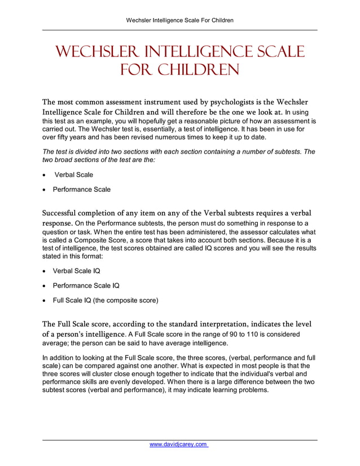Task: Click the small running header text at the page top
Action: pyautogui.click(x=180, y=20)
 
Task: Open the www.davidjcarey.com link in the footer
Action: pyautogui.click(x=179, y=445)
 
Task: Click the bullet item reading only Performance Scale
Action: pyautogui.click(x=82, y=190)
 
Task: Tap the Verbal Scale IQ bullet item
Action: pyautogui.click(x=76, y=271)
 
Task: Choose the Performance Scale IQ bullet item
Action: pyautogui.click(x=86, y=286)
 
